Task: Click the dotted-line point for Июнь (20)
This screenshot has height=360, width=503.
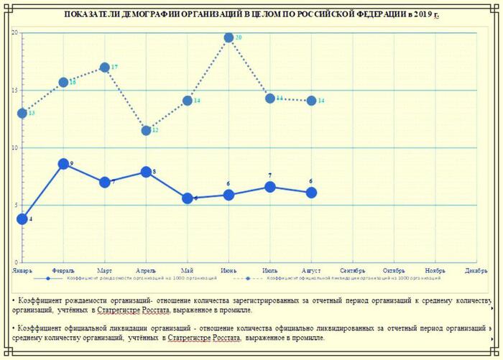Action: pos(229,37)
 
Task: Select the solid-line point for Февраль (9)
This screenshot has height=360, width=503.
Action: pos(63,164)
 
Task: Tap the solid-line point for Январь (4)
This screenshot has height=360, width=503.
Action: pos(22,219)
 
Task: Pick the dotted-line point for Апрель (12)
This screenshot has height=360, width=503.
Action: pos(146,130)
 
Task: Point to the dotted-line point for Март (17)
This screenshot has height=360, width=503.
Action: pos(105,68)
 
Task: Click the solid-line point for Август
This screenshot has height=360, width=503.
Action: pos(311,193)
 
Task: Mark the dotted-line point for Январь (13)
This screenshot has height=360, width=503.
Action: pos(22,114)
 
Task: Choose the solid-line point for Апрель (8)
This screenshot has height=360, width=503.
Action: pos(146,172)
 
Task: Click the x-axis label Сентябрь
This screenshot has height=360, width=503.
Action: pos(352,270)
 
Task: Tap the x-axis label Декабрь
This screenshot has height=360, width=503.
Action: pos(476,270)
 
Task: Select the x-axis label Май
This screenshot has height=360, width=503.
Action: pos(187,270)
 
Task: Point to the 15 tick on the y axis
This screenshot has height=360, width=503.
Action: pos(14,91)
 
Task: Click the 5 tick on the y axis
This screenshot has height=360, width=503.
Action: pos(16,206)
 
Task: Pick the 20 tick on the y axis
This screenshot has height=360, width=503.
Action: pos(14,33)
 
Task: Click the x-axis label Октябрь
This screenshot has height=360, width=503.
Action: pos(394,270)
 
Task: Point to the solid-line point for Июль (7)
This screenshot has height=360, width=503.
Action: pos(269,187)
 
